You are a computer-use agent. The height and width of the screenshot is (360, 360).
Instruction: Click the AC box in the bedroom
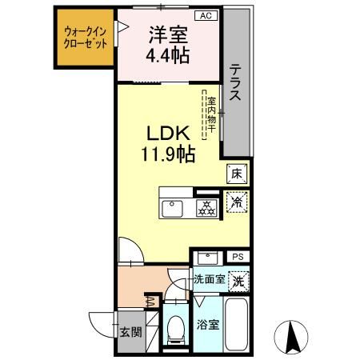click(x=205, y=16)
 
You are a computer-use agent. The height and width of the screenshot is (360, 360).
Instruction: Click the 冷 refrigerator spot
click(x=237, y=203)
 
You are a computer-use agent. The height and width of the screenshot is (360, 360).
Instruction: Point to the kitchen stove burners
click(x=206, y=207)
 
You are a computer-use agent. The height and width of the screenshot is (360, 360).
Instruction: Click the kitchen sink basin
click(x=173, y=209)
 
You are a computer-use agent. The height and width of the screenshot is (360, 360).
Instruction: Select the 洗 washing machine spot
click(x=238, y=281)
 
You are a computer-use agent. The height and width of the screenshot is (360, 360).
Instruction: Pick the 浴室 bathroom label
click(x=206, y=327)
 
